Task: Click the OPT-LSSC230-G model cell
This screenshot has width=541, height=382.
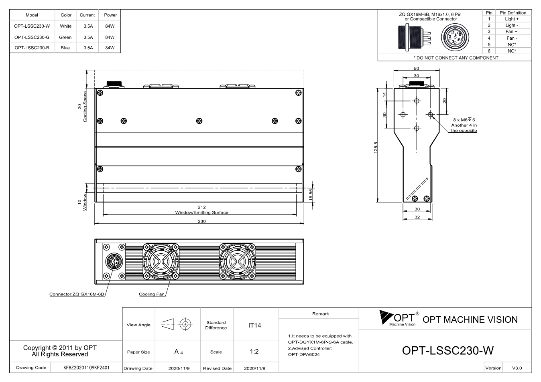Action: (32, 37)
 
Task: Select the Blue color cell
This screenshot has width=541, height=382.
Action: (65, 48)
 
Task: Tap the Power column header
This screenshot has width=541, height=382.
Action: (110, 15)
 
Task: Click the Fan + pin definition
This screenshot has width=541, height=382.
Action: (511, 32)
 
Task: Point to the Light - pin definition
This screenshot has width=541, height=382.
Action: (512, 25)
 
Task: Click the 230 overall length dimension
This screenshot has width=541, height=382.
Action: (201, 221)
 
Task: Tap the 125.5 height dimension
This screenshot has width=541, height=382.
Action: (376, 148)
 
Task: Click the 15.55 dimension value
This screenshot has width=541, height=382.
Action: (311, 194)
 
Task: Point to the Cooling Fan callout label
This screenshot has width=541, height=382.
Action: (152, 294)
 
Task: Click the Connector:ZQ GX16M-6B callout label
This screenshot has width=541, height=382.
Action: (77, 294)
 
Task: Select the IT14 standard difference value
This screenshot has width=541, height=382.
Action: (254, 325)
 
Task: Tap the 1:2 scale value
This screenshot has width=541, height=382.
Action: (254, 352)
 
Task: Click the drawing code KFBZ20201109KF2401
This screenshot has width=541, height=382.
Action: (86, 368)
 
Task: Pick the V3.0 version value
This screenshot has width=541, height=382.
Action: (517, 368)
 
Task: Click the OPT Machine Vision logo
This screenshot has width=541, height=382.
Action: (399, 318)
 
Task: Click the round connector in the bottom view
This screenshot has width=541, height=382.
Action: (114, 261)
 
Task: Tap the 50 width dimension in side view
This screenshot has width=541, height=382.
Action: (416, 68)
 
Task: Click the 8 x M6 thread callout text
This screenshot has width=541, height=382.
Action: (464, 120)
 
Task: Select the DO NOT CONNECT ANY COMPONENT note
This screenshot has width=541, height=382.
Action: (456, 58)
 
